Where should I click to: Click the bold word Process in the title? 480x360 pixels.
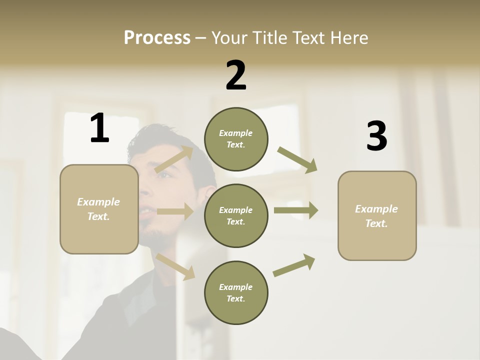point(157,38)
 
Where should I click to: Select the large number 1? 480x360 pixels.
point(99,128)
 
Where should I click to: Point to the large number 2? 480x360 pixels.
point(236,76)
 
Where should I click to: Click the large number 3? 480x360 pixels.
point(376,136)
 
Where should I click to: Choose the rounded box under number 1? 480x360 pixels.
point(99,209)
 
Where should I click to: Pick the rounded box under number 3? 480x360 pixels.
point(377,215)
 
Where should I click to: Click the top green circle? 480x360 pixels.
point(236,139)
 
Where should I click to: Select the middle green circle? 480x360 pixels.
point(236,215)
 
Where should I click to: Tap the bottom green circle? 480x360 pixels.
point(236,292)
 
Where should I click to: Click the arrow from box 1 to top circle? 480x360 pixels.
point(175,159)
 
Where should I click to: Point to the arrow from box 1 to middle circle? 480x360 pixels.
point(175,211)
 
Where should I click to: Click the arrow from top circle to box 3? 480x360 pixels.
point(297,159)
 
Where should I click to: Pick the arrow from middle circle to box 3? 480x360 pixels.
point(296,210)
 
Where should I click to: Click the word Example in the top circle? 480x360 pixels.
point(235,133)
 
